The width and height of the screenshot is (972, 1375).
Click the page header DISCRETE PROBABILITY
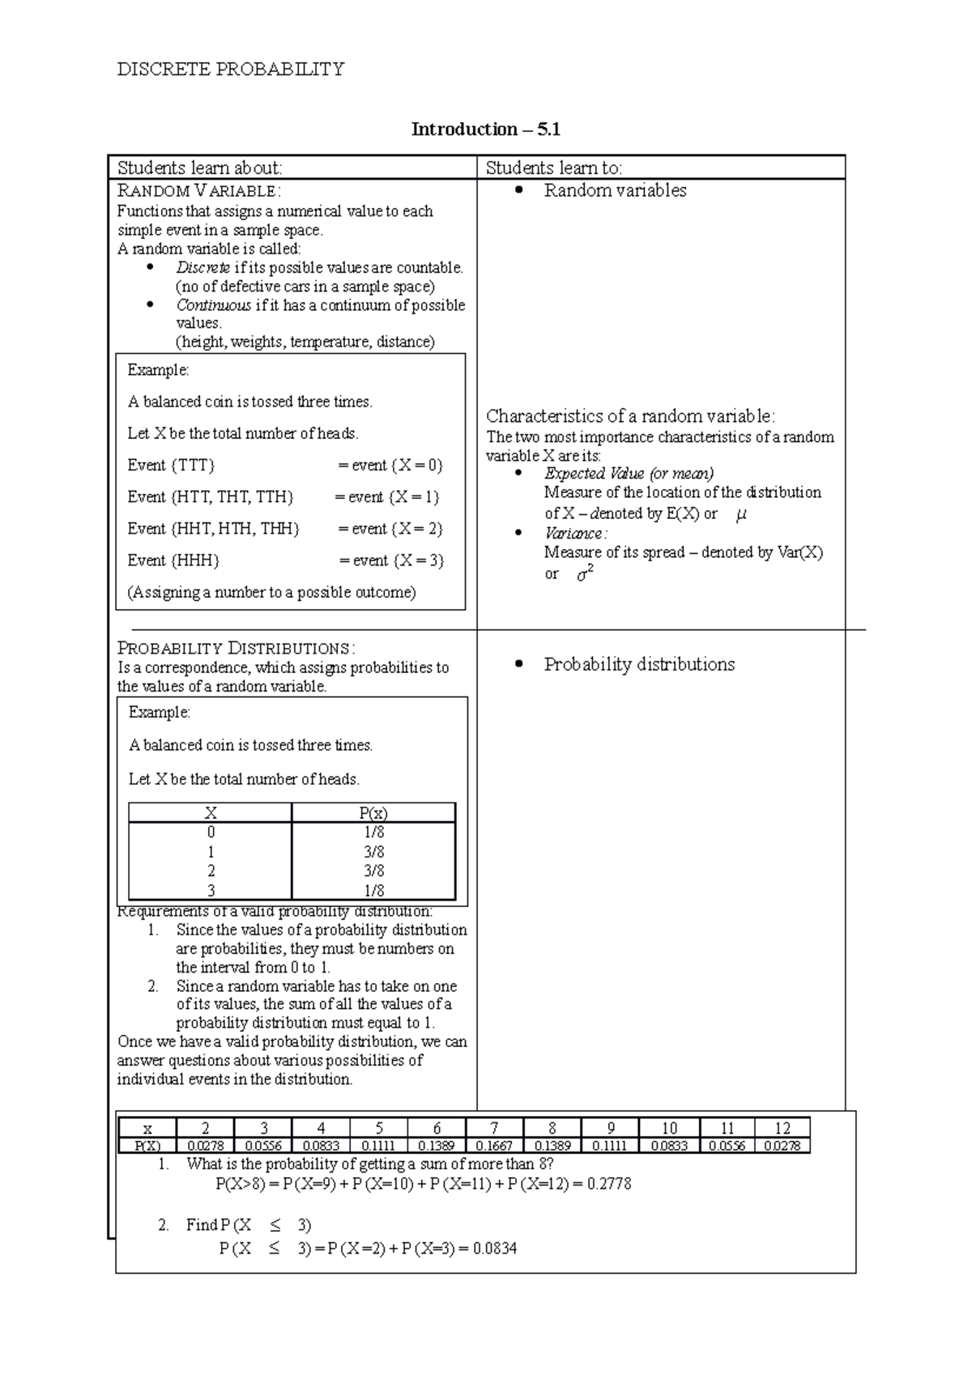tap(231, 70)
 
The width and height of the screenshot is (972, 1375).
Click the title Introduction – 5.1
tap(485, 130)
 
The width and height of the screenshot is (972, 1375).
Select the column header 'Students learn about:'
tap(199, 168)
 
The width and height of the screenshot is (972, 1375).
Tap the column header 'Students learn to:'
tap(553, 168)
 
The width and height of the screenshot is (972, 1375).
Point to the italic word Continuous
tap(213, 305)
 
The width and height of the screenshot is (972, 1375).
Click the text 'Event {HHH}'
tap(173, 560)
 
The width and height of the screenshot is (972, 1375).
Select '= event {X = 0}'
tap(390, 466)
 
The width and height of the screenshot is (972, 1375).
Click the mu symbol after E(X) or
tap(740, 513)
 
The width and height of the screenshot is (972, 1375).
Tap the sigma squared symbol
tap(585, 574)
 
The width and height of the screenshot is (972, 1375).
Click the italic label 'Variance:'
tap(575, 534)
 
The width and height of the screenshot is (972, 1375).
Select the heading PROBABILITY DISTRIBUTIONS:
tap(236, 649)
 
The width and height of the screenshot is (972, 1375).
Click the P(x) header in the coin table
tap(373, 813)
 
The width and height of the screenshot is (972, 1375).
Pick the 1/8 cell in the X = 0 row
tap(373, 832)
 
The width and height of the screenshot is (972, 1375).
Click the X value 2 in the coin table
tap(211, 871)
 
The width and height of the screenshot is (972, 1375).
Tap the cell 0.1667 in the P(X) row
tap(494, 1146)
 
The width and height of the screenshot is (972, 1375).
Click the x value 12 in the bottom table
tap(782, 1128)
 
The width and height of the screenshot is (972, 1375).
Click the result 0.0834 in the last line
tap(494, 1249)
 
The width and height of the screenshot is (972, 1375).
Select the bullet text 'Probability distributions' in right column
tap(638, 665)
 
